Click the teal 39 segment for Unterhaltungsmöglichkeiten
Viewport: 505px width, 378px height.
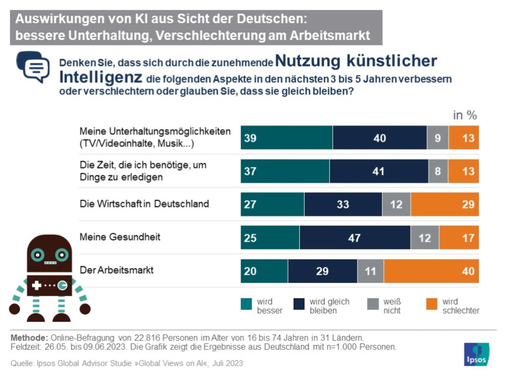click(x=286, y=138)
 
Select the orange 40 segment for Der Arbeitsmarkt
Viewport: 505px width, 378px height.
click(x=431, y=271)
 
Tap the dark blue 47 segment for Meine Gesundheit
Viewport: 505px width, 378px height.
click(x=355, y=238)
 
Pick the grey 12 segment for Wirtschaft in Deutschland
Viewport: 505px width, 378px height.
click(x=396, y=204)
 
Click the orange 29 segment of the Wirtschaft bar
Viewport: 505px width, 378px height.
click(x=445, y=204)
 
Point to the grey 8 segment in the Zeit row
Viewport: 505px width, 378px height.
click(x=438, y=171)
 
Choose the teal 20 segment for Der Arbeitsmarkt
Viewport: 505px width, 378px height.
click(x=264, y=271)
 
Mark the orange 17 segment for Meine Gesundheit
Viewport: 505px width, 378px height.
click(x=459, y=238)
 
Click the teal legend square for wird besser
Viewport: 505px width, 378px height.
click(x=246, y=304)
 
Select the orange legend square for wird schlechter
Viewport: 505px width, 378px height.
click(x=432, y=304)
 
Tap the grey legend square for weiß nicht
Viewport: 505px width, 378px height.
click(x=373, y=304)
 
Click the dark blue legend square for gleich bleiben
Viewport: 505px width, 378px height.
click(x=299, y=304)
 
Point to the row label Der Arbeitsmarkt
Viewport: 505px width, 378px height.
click(x=116, y=270)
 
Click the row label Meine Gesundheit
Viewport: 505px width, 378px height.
click(x=120, y=237)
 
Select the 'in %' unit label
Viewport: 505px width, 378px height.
click(x=465, y=115)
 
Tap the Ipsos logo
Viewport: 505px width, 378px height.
click(x=477, y=354)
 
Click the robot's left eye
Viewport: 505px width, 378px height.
click(x=38, y=255)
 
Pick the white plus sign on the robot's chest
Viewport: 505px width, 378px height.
click(x=37, y=285)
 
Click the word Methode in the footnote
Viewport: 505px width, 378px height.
click(x=29, y=338)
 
